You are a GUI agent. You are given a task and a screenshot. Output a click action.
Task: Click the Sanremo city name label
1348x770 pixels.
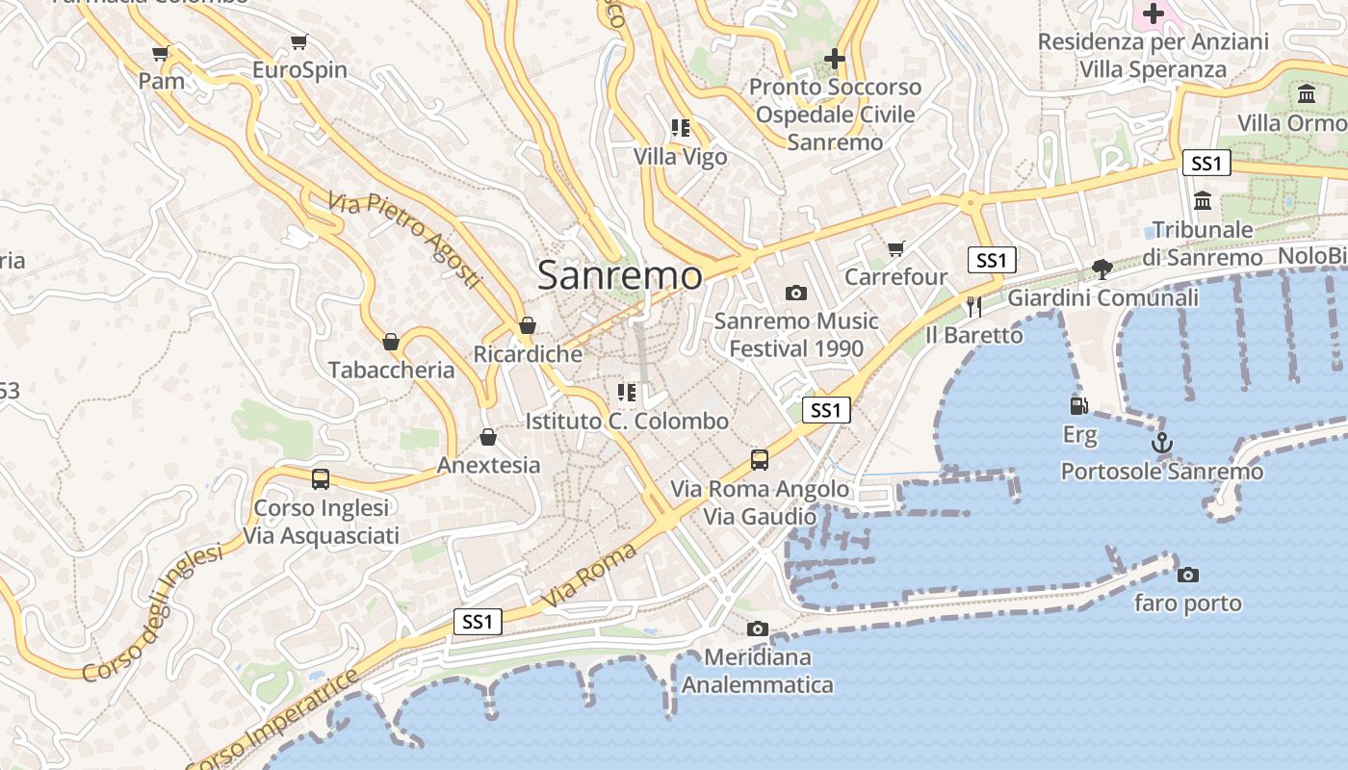click(620, 275)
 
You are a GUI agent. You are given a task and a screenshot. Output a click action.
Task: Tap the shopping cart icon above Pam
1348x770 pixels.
click(161, 54)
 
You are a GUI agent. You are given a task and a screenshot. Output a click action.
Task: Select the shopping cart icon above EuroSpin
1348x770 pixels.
click(298, 42)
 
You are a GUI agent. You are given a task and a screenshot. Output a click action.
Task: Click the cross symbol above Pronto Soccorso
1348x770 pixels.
click(834, 59)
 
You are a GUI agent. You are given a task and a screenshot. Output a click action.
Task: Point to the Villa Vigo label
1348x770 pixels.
click(680, 156)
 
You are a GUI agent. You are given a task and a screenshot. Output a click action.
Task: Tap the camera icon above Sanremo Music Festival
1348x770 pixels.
click(795, 293)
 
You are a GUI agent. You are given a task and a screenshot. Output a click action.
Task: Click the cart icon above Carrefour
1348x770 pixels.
click(895, 249)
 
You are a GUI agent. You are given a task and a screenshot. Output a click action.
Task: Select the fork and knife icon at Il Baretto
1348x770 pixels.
click(973, 307)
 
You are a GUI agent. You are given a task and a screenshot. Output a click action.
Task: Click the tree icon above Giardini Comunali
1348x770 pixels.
click(1102, 269)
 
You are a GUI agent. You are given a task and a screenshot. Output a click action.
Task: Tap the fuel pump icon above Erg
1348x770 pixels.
click(1079, 407)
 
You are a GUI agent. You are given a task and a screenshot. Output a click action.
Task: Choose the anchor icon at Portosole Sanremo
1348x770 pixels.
click(1162, 444)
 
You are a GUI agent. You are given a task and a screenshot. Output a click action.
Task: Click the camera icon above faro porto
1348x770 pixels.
click(1188, 575)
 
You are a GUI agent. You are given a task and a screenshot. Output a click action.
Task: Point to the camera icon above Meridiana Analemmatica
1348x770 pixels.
click(758, 629)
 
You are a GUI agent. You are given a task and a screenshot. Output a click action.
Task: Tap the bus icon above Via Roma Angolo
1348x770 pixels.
click(760, 459)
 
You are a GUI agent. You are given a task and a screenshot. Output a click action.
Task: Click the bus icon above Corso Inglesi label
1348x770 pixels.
click(321, 478)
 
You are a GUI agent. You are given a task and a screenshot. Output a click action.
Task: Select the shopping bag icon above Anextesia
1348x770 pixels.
click(488, 437)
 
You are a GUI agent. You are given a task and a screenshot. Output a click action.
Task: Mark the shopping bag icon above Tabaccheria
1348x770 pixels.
click(391, 342)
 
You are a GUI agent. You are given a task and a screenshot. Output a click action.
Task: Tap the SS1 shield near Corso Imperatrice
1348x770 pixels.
click(478, 622)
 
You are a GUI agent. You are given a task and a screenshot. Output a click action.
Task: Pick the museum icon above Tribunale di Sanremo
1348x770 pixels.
click(1203, 201)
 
